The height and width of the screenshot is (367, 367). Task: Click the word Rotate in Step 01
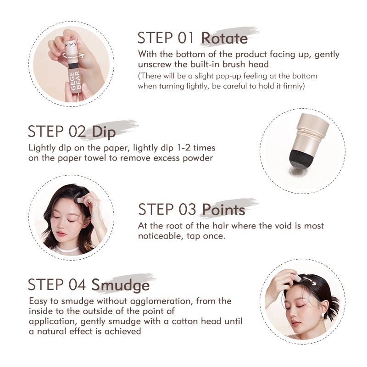[224, 38]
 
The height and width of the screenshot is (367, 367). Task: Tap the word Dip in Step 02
[104, 132]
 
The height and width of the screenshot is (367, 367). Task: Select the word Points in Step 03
[223, 210]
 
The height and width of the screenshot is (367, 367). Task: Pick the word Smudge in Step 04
[120, 285]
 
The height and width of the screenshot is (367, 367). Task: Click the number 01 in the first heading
[186, 38]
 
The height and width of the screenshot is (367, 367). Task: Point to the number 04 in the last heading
[77, 284]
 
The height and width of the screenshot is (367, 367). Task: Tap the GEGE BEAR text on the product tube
[75, 81]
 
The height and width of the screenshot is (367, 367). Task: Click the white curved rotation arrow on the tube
[73, 56]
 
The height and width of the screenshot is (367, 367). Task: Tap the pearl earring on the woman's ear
[322, 315]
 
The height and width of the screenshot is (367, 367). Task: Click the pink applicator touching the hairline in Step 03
[80, 200]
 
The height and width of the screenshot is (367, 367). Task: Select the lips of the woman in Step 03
[61, 234]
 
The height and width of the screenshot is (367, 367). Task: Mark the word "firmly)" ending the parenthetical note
[294, 86]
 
